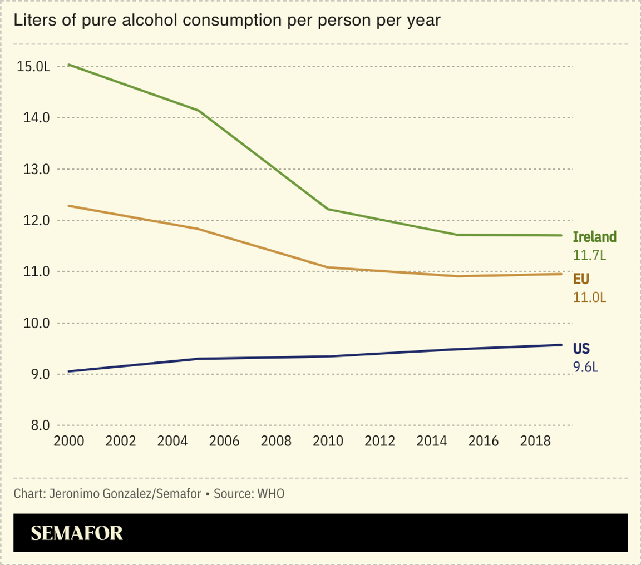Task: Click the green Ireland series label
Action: coord(595,237)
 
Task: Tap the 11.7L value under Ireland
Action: coord(589,255)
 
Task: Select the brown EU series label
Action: coord(581,279)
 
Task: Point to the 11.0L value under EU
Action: coord(589,297)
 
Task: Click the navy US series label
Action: coord(581,349)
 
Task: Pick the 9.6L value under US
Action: coord(586,367)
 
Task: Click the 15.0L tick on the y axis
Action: coord(34,67)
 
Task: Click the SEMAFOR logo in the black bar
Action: coord(77,533)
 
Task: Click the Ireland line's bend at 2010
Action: coord(328,209)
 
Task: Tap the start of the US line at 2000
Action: coord(69,371)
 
